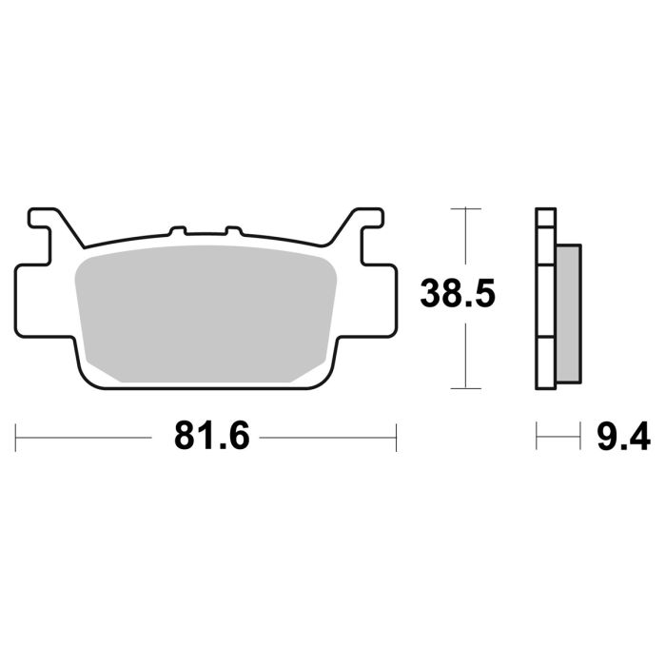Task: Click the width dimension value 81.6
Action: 211,438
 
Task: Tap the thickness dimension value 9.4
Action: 623,438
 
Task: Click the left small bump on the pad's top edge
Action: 176,231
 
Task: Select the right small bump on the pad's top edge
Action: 233,231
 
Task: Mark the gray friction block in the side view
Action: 567,311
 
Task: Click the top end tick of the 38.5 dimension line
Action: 464,207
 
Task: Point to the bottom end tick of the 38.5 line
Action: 464,388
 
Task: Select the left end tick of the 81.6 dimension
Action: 16,439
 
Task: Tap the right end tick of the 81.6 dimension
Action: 396,439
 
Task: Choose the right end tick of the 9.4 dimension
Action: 579,439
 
